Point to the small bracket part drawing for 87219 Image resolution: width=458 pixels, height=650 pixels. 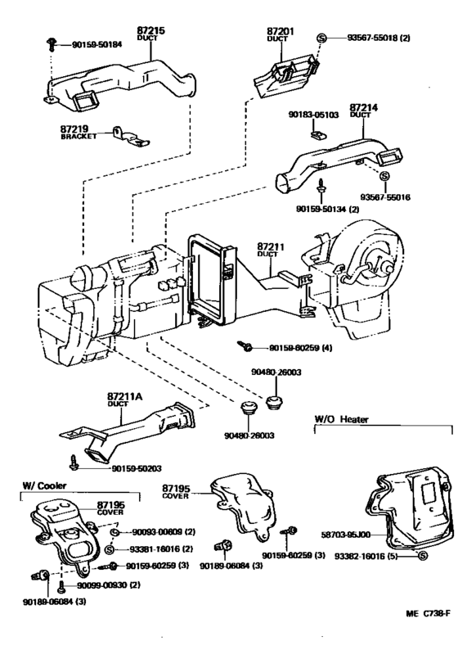[x=128, y=132]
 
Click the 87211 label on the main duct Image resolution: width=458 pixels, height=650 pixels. [x=271, y=244]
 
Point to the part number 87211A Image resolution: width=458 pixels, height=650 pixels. [x=125, y=395]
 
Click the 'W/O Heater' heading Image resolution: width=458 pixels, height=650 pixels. [x=342, y=419]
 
